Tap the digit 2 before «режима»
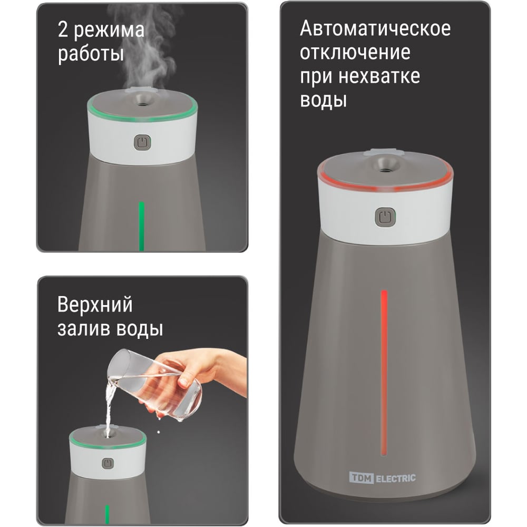coord(63,29)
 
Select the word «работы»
coord(91,54)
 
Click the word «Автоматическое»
coord(375,28)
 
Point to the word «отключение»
coord(355,53)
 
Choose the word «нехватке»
coord(379,76)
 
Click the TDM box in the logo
coord(362,477)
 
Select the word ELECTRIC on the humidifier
coord(396,479)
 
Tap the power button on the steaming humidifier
coord(142,142)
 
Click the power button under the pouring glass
coord(108,463)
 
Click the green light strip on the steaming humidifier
coord(141,226)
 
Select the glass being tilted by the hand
coord(154,385)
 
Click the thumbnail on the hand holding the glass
coord(183,382)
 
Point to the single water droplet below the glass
coord(159,432)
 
